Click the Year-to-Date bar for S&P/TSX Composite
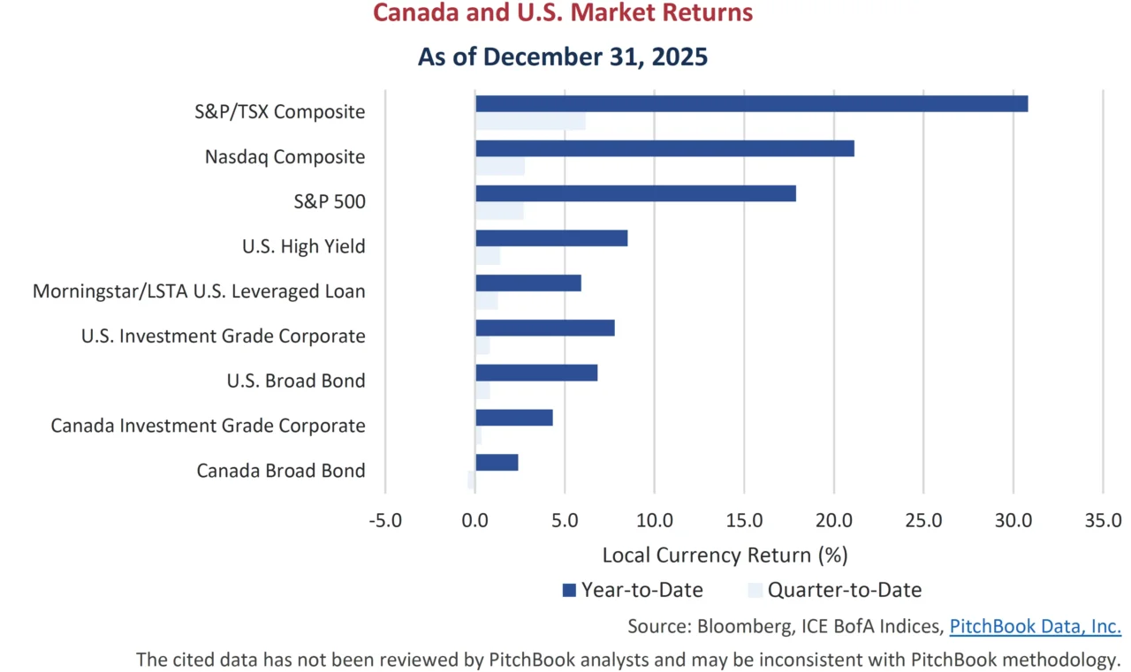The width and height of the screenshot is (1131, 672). click(x=751, y=103)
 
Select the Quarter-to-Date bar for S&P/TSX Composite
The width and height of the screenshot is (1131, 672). click(x=530, y=121)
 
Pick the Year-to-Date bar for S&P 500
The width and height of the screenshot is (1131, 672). click(x=635, y=193)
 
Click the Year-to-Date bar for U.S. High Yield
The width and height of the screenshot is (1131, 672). click(x=551, y=238)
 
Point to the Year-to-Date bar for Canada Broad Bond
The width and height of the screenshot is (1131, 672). click(x=497, y=462)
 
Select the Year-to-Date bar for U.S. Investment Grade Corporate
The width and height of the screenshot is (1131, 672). click(x=544, y=328)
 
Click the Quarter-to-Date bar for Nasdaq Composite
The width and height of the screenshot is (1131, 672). click(x=500, y=166)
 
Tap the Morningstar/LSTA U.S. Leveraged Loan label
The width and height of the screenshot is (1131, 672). click(x=199, y=291)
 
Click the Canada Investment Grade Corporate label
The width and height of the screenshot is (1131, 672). click(x=208, y=426)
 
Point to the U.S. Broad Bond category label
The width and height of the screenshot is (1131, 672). click(x=296, y=381)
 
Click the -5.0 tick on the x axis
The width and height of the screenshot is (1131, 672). click(x=384, y=520)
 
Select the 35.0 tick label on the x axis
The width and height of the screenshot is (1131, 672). click(x=1102, y=520)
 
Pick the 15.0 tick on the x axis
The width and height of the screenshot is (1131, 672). click(x=744, y=520)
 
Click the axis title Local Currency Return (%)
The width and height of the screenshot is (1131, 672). click(x=725, y=555)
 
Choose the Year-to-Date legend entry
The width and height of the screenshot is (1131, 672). click(x=632, y=590)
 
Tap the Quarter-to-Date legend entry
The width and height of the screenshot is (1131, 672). click(x=834, y=590)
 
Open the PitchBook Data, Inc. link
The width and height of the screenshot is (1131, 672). click(x=1035, y=627)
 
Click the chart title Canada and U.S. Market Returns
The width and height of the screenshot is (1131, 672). click(x=563, y=14)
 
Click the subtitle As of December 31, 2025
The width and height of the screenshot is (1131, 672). click(x=563, y=57)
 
